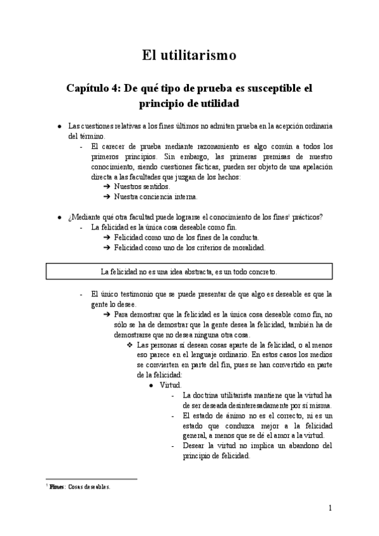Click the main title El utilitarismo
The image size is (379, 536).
189,56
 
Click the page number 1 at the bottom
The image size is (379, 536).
330,508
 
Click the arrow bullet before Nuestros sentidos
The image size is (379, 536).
107,187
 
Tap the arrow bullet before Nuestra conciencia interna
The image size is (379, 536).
107,197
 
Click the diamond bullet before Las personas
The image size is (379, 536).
129,345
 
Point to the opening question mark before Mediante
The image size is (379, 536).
69,217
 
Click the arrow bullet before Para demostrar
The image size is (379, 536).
107,314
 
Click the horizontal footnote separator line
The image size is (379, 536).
91,479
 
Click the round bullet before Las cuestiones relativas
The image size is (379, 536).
59,126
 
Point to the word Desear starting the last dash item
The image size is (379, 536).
192,446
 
